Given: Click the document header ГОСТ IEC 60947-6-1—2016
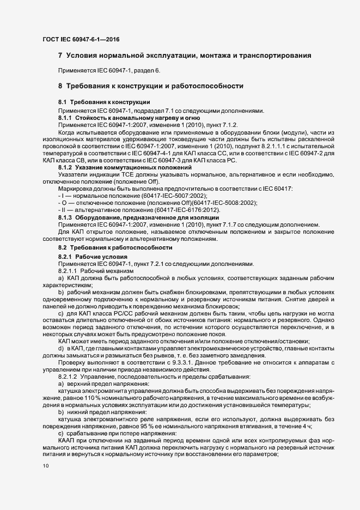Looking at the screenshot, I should coord(81,40).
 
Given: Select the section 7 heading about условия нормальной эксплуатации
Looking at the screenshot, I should coord(185,56).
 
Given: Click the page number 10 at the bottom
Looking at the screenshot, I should coord(45,466).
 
